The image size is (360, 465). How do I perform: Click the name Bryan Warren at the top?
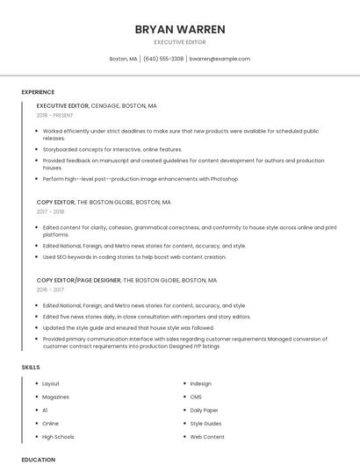pyautogui.click(x=180, y=29)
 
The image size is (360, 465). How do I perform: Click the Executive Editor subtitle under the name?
pyautogui.click(x=180, y=42)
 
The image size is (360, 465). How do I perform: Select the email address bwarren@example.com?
pyautogui.click(x=220, y=59)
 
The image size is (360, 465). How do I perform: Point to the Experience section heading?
pyautogui.click(x=38, y=92)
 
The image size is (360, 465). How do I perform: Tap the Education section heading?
pyautogui.click(x=38, y=459)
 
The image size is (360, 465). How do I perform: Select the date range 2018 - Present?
pyautogui.click(x=55, y=115)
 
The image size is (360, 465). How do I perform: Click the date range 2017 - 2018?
pyautogui.click(x=50, y=211)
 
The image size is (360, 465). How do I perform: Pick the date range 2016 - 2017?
pyautogui.click(x=50, y=290)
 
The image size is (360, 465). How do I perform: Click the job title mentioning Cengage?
pyautogui.click(x=97, y=105)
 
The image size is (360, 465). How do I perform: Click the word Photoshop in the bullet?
pyautogui.click(x=225, y=179)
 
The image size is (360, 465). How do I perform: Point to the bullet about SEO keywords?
pyautogui.click(x=134, y=257)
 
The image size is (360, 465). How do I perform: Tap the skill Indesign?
pyautogui.click(x=200, y=383)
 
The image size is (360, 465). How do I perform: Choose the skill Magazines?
pyautogui.click(x=56, y=397)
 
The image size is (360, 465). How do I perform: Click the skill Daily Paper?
pyautogui.click(x=205, y=410)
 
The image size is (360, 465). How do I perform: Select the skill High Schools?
pyautogui.click(x=58, y=436)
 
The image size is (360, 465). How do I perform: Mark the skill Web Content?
pyautogui.click(x=207, y=436)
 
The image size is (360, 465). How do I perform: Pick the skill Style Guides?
pyautogui.click(x=206, y=423)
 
